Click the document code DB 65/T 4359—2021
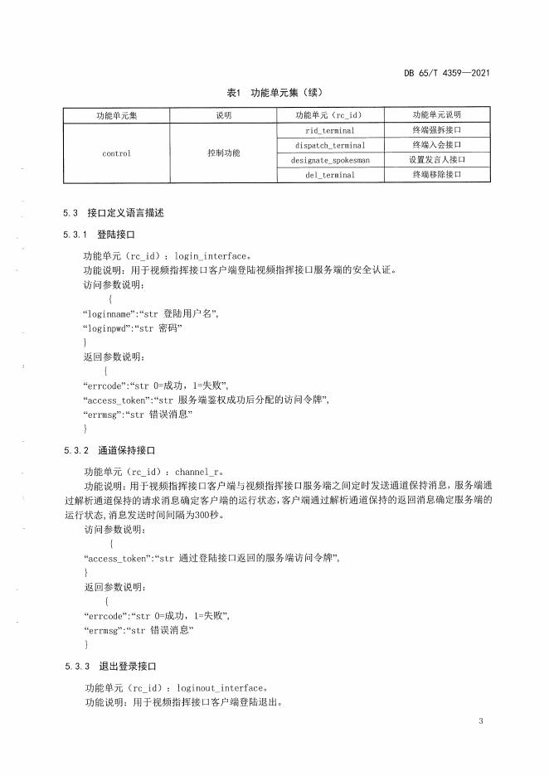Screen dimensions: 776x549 tap(446, 73)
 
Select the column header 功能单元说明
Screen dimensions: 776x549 tap(436, 115)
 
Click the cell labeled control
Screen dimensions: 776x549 tap(117, 153)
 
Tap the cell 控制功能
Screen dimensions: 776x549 tap(224, 153)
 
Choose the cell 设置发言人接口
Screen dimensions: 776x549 tap(436, 160)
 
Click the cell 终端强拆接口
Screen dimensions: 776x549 tap(436, 130)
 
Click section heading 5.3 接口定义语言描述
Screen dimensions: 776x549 tap(114, 213)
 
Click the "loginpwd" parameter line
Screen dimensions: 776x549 tap(133, 328)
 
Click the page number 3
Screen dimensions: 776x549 tap(481, 720)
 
